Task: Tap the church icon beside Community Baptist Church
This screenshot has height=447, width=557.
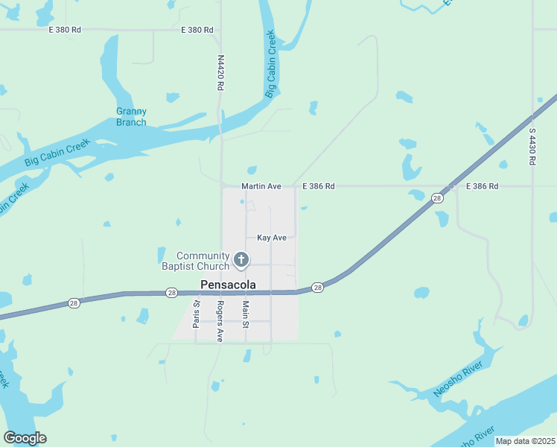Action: (241, 259)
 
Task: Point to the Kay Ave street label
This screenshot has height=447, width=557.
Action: (272, 238)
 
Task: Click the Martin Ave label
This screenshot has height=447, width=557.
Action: (261, 186)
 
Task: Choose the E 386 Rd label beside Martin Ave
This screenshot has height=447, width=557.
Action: (319, 186)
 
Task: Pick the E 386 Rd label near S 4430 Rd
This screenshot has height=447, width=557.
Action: (482, 186)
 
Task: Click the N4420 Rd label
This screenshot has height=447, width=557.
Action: (220, 72)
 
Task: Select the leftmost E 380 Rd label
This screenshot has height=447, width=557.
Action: (64, 30)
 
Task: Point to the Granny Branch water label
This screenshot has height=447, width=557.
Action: (131, 117)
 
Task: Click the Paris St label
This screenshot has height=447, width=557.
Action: (197, 314)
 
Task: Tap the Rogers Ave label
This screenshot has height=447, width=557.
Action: (220, 322)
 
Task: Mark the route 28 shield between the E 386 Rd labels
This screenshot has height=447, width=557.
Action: (437, 197)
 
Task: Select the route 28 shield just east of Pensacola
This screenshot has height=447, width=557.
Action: (318, 288)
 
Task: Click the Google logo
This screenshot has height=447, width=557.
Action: (25, 438)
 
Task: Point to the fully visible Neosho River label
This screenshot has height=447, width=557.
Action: (459, 379)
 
